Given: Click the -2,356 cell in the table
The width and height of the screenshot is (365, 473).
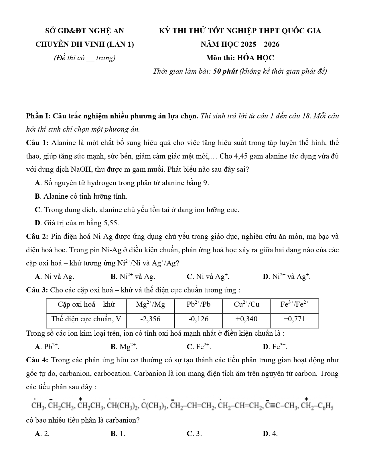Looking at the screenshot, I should point(150,319).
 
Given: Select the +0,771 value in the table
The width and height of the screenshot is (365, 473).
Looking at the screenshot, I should point(294,319).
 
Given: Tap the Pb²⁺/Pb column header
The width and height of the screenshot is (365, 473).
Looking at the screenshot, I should point(198,304).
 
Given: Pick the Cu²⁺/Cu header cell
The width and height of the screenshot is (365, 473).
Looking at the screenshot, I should point(246,304).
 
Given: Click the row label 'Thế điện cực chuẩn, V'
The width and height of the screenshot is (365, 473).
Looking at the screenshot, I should point(86,319).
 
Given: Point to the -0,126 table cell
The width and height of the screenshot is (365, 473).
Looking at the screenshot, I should point(198,319).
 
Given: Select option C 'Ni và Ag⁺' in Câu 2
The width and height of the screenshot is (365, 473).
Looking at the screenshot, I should point(208,277).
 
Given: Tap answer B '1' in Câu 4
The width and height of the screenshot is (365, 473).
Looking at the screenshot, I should point(118,434).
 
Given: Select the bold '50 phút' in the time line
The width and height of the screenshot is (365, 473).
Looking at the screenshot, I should point(226,71).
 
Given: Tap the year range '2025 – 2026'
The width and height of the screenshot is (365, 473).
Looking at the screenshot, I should point(260,44).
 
